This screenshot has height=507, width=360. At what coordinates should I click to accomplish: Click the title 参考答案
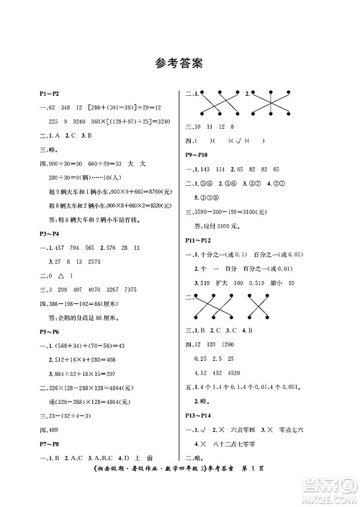(x=179, y=62)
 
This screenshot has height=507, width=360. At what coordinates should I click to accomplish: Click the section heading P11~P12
(x=199, y=237)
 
